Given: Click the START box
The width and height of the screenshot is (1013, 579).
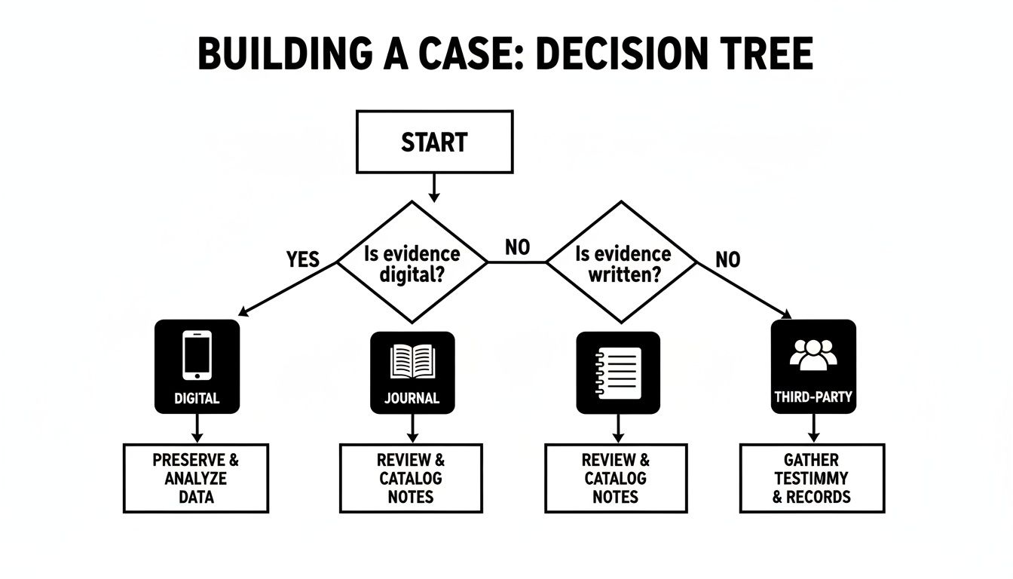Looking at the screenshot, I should coord(434,142).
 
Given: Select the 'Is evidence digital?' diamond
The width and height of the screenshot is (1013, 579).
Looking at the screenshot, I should coord(412,262).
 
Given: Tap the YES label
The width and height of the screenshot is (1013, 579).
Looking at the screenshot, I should coord(304,259).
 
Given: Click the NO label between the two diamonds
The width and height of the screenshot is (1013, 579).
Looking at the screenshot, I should coord(517,247).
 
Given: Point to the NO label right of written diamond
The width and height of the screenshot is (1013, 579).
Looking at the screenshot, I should coord(727,260).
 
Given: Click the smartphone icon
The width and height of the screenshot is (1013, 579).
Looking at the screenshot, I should coord(197,354).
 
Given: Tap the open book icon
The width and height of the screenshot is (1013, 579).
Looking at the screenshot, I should coord(412,363).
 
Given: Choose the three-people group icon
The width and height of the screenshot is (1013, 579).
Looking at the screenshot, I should coord(813,354).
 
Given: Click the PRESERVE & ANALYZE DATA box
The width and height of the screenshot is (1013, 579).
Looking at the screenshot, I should coord(196,478).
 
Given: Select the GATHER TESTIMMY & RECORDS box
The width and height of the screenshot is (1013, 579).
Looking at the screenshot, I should coord(812,478).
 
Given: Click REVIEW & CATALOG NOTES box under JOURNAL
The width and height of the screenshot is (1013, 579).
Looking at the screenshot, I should coord(412,478).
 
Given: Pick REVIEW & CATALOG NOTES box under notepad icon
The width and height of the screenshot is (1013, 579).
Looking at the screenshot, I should coord(616,478).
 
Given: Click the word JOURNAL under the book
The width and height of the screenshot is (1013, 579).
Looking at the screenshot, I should coord(412,397).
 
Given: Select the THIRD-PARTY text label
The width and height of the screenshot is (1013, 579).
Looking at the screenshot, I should coord(813,396).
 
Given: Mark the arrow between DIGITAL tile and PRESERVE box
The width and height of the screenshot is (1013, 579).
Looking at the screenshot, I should coord(197,428).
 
